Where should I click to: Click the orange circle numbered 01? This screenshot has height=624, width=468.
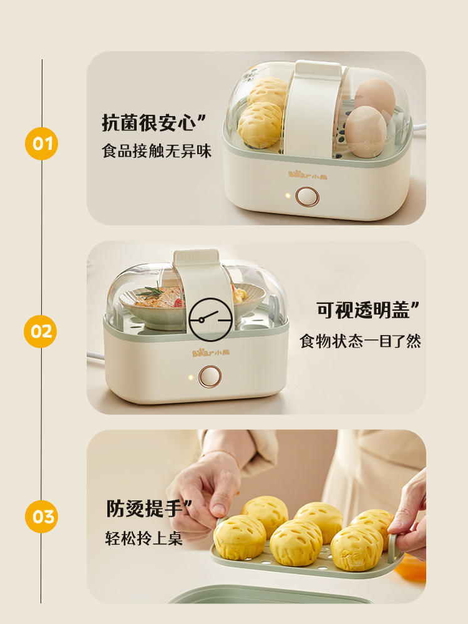41,144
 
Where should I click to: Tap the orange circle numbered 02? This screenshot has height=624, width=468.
41,331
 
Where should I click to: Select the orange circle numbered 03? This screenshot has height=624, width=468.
41,517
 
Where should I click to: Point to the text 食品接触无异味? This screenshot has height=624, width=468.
157,151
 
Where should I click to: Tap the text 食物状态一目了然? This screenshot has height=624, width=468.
361,341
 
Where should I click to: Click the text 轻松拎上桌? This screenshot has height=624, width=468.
144,538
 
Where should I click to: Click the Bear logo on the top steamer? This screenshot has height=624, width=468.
308,175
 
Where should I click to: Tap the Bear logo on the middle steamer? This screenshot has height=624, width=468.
211,353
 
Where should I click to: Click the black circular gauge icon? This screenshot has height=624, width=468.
210,319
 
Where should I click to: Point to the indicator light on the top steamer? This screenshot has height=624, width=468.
287,196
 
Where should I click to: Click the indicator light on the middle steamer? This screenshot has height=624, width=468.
190,377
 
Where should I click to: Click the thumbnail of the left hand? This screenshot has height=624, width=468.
218,509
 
